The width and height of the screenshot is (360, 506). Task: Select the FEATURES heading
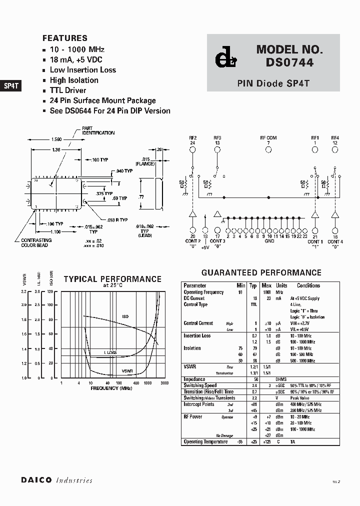pos(65,38)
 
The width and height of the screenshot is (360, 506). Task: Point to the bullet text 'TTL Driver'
pos(68,90)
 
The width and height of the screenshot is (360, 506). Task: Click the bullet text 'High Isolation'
pos(74,80)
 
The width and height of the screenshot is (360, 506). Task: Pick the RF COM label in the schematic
pos(268,138)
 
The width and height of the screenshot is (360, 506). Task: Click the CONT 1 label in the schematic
pos(315,242)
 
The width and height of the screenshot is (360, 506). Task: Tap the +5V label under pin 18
pos(204,247)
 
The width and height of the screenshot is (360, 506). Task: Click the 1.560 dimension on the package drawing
pos(56,139)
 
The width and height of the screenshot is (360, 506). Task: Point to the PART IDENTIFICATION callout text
pos(98,130)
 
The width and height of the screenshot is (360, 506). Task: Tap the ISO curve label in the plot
pos(125,316)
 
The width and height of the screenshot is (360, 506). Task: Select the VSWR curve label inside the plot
pos(127,371)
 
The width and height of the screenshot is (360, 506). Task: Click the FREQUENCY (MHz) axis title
pos(111,388)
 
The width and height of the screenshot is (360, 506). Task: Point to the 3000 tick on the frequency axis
pos(163,383)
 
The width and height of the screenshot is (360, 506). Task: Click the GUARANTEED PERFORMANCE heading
pos(261,272)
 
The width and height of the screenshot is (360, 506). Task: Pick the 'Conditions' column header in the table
pos(308,285)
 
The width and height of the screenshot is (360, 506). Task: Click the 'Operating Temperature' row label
pos(205,442)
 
